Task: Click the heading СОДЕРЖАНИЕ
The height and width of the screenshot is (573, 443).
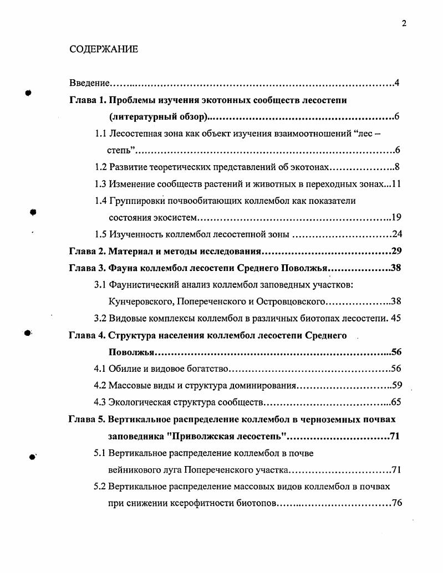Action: click(x=104, y=49)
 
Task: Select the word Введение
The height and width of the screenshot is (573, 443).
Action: click(x=89, y=84)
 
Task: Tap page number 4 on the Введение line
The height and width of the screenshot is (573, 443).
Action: click(x=397, y=84)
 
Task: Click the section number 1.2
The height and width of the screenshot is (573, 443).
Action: click(x=100, y=167)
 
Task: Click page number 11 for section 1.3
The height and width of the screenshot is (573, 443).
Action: click(x=396, y=184)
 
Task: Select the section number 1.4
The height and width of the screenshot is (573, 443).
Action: click(x=100, y=201)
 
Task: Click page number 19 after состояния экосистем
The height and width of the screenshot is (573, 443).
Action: click(x=396, y=218)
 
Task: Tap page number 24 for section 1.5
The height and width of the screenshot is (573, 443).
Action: click(x=396, y=234)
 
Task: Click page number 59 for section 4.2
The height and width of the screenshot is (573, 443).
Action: click(x=396, y=386)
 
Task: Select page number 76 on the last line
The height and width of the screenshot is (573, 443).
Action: click(x=396, y=503)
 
